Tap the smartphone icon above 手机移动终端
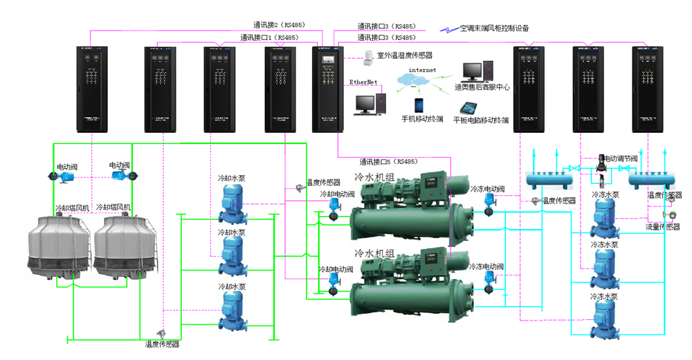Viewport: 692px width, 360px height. [x=419, y=105]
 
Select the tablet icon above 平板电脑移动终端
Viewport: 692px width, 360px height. [x=471, y=107]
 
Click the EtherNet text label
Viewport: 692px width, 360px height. [x=363, y=82]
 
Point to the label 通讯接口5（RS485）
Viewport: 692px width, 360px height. [x=388, y=161]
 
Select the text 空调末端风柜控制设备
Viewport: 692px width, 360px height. [x=494, y=28]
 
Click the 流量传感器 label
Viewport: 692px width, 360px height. [x=663, y=226]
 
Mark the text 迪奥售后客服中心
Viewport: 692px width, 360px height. [x=482, y=87]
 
